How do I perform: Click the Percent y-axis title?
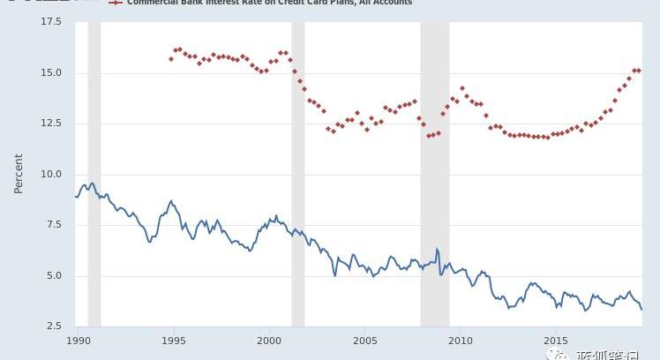(19, 174)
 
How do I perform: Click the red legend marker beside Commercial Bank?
(115, 3)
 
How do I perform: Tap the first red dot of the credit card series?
(171, 59)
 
